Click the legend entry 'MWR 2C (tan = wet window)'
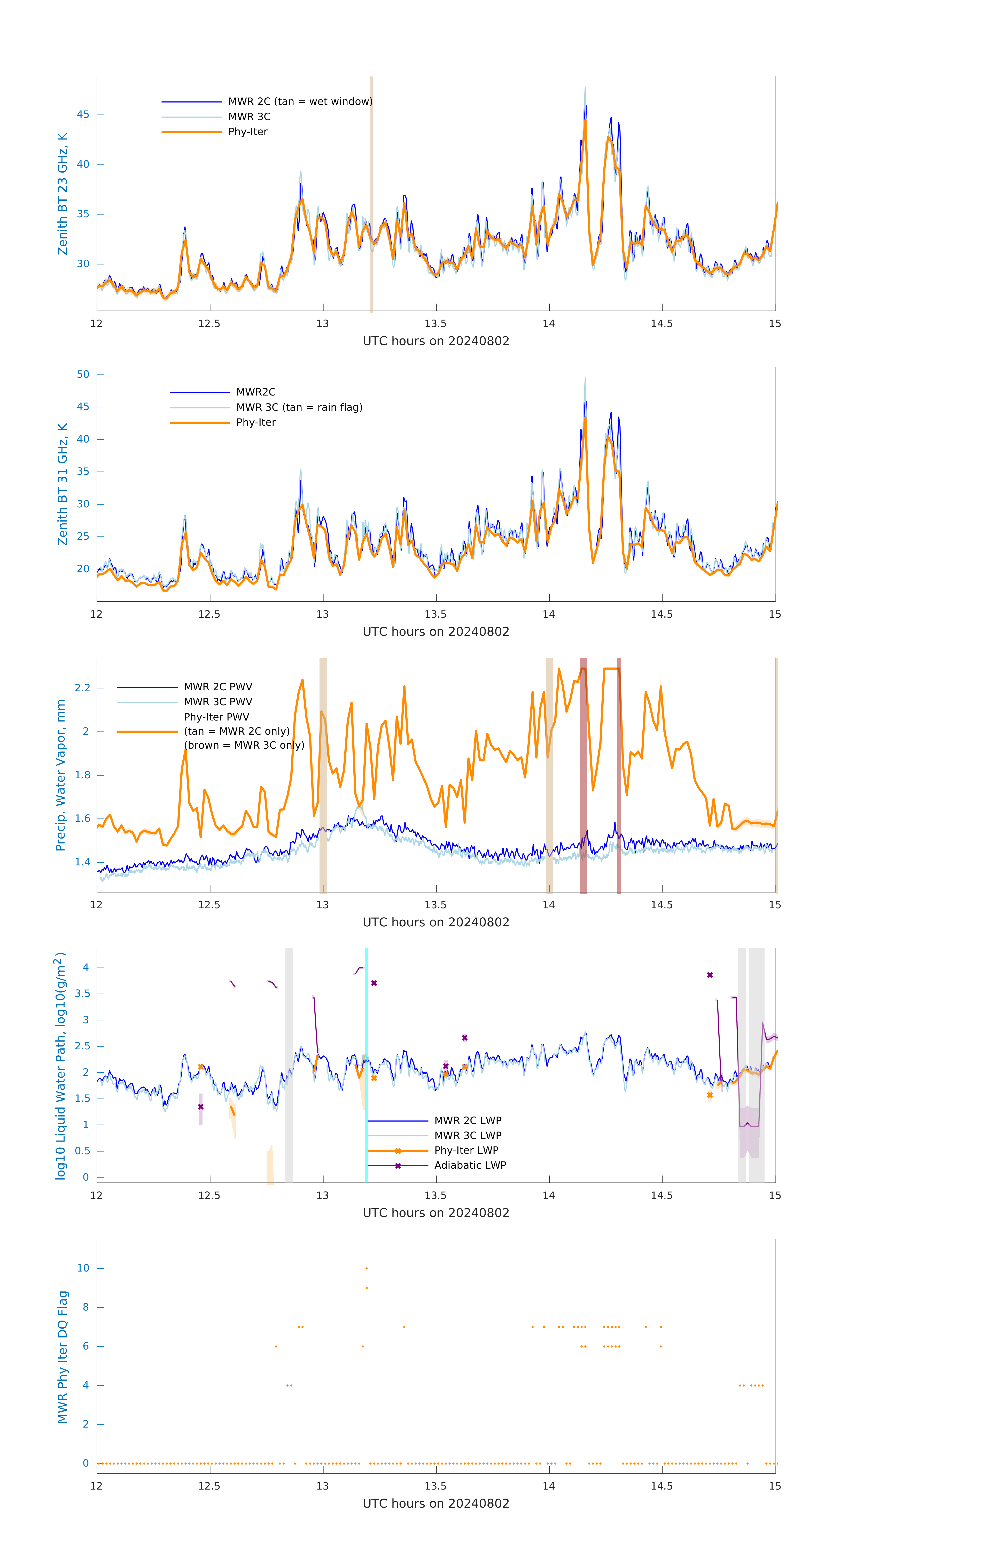(300, 102)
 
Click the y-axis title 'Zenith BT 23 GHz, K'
(63, 194)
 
